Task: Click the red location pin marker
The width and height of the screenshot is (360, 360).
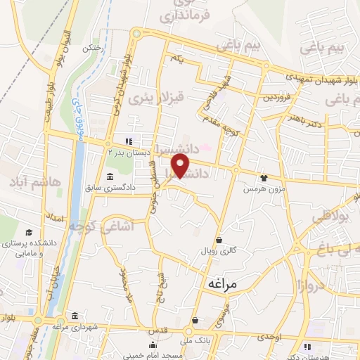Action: [x=181, y=167]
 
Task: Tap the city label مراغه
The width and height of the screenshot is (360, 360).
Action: [x=224, y=283]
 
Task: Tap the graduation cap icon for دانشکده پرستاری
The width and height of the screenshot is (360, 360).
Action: [x=28, y=233]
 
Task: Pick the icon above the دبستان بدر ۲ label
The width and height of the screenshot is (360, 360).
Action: [x=128, y=140]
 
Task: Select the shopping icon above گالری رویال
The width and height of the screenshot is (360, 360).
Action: [x=219, y=239]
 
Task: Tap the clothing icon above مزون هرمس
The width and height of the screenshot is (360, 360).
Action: [x=264, y=179]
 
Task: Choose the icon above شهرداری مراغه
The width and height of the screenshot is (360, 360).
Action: [x=75, y=316]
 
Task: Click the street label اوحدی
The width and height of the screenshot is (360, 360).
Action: [x=269, y=338]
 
